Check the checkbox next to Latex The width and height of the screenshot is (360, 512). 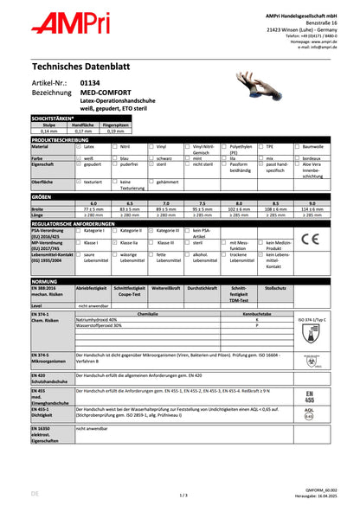click(79, 148)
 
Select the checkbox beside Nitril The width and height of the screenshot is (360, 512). click(115, 148)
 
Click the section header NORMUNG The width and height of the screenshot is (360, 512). click(45, 282)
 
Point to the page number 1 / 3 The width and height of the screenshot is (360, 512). click(181, 496)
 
